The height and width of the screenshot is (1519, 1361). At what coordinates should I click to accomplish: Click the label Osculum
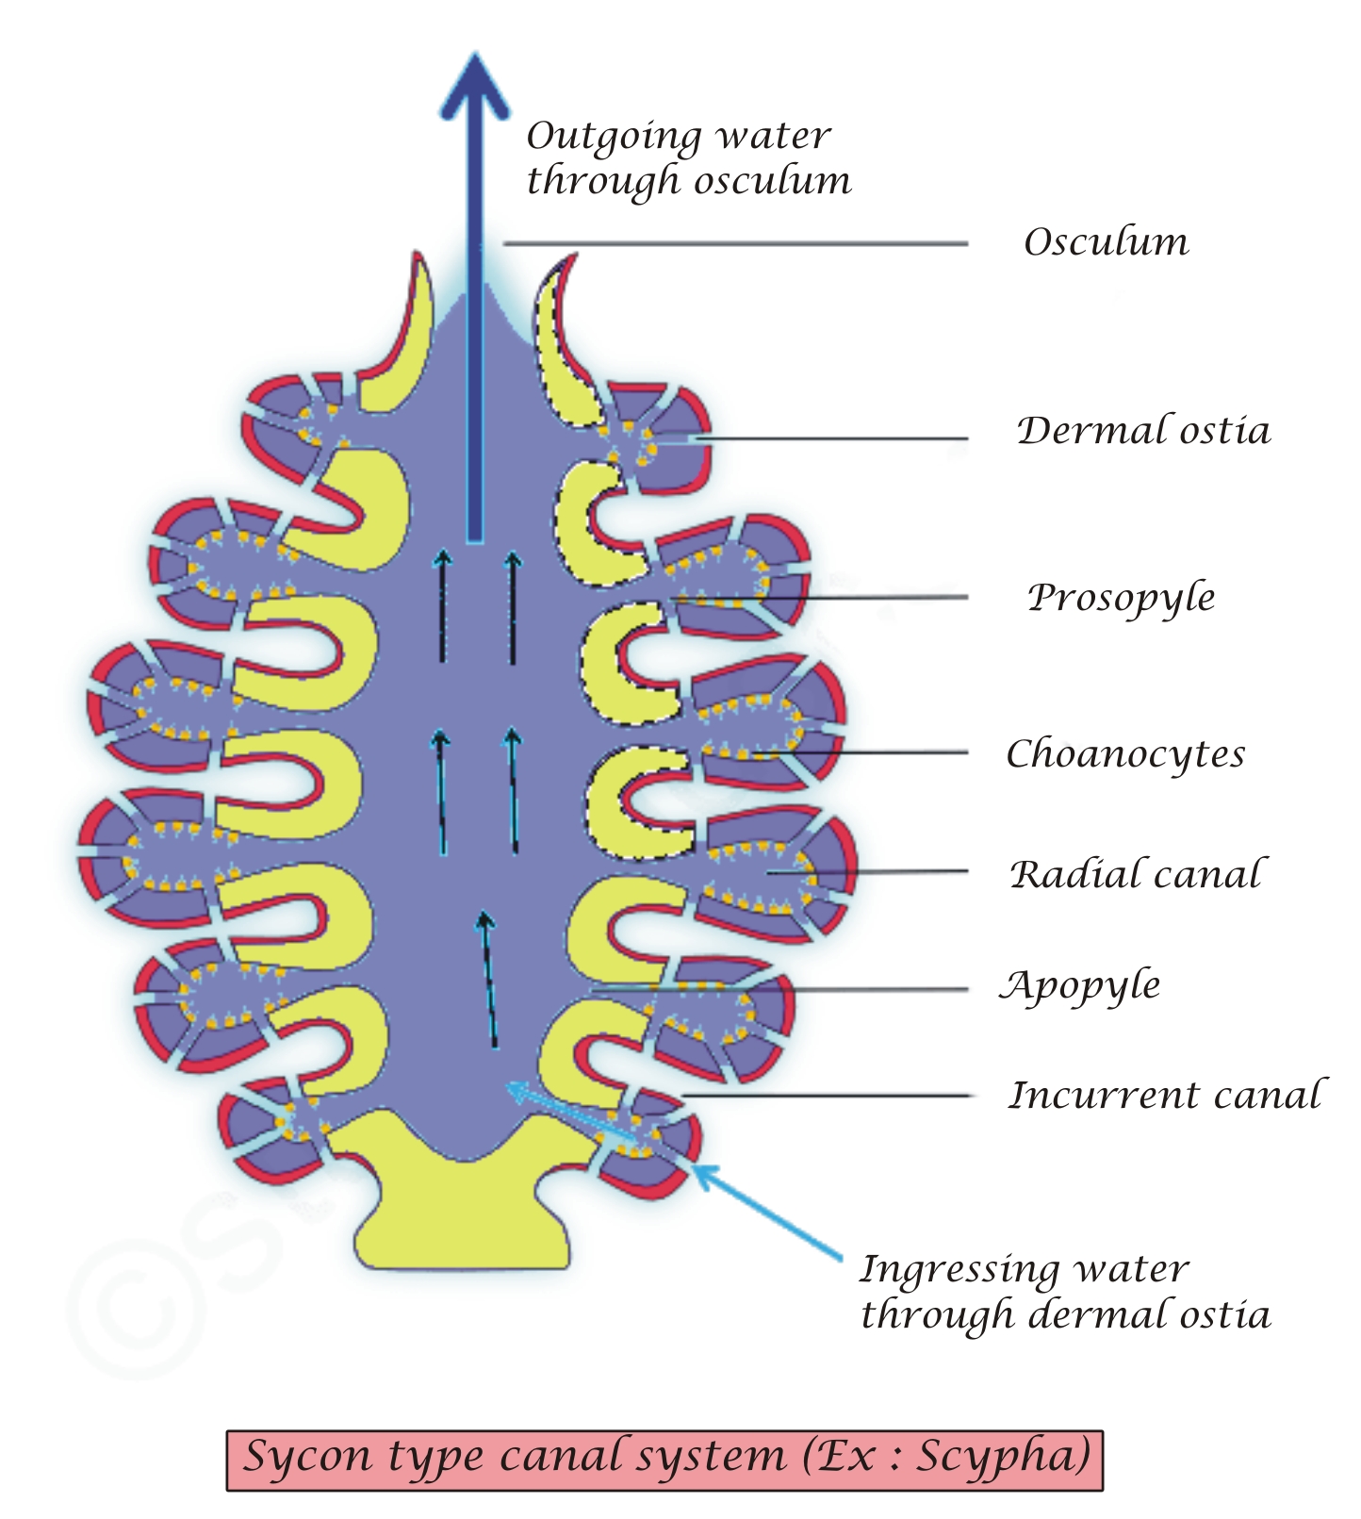(1106, 242)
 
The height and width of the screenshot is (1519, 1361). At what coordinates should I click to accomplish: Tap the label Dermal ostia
(1142, 431)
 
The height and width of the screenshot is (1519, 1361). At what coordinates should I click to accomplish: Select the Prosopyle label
(1121, 598)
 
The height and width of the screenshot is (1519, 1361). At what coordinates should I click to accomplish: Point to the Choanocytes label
(1125, 754)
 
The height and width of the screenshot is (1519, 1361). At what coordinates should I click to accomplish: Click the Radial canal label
(1136, 875)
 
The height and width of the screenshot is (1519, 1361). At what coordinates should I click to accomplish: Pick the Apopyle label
(1080, 986)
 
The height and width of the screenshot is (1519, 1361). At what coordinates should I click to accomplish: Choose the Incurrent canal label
(1167, 1096)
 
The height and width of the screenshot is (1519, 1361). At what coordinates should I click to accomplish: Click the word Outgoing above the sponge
(614, 138)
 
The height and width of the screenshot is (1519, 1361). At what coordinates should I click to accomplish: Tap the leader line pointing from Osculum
(735, 244)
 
